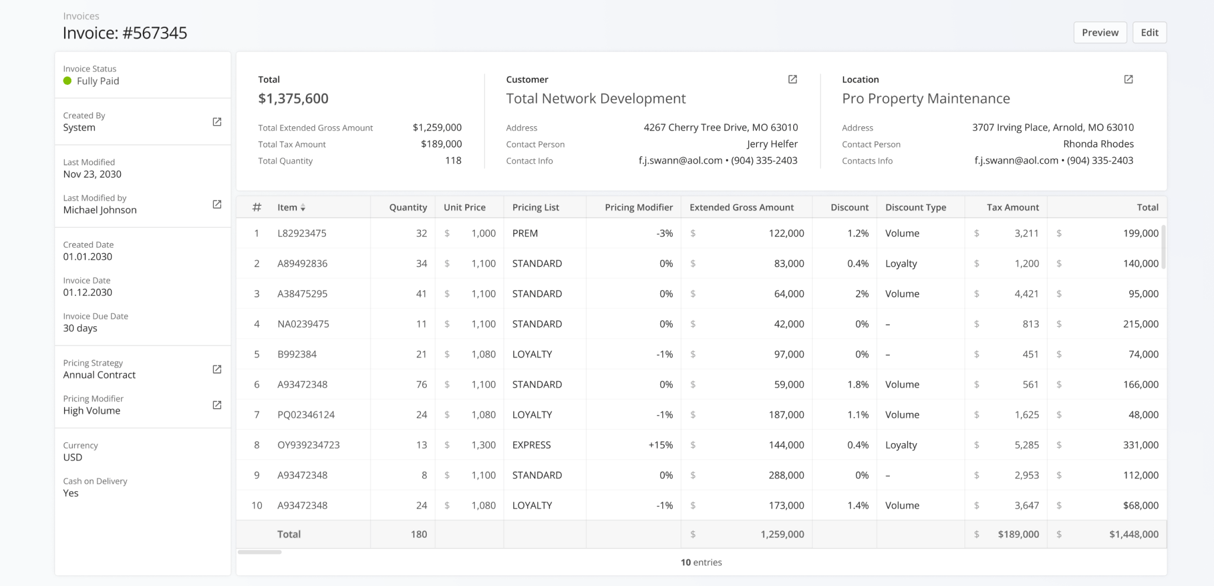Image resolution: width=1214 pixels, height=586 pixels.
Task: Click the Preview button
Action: point(1100,33)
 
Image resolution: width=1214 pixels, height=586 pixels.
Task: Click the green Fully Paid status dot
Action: point(68,81)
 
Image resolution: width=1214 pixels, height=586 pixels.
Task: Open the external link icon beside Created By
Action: point(217,122)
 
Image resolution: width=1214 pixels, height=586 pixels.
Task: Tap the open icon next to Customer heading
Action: point(793,79)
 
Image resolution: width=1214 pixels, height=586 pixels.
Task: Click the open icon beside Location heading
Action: point(1129,79)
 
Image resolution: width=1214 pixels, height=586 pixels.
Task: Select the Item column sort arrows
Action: point(303,208)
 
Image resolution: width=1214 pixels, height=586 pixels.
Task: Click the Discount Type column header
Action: point(915,207)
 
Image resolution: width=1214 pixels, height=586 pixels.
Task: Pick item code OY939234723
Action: point(308,445)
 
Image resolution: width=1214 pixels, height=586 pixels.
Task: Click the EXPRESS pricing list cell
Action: point(531,445)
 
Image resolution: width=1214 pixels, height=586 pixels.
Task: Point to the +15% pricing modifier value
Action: point(660,445)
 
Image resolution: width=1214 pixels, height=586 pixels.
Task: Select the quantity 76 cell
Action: point(421,384)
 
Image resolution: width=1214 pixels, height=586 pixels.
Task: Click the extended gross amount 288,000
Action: point(786,475)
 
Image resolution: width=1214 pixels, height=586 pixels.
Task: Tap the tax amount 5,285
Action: point(1026,445)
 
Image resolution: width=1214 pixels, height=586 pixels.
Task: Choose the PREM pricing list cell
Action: point(525,233)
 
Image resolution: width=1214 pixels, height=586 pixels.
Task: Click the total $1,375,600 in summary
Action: point(293,98)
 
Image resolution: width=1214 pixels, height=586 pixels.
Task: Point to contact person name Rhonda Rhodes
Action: point(1098,144)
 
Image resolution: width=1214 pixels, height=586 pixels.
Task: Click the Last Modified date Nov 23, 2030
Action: point(92,174)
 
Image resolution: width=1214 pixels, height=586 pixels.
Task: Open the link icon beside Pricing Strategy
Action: point(217,369)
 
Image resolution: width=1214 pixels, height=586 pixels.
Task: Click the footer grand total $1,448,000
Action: point(1133,534)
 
